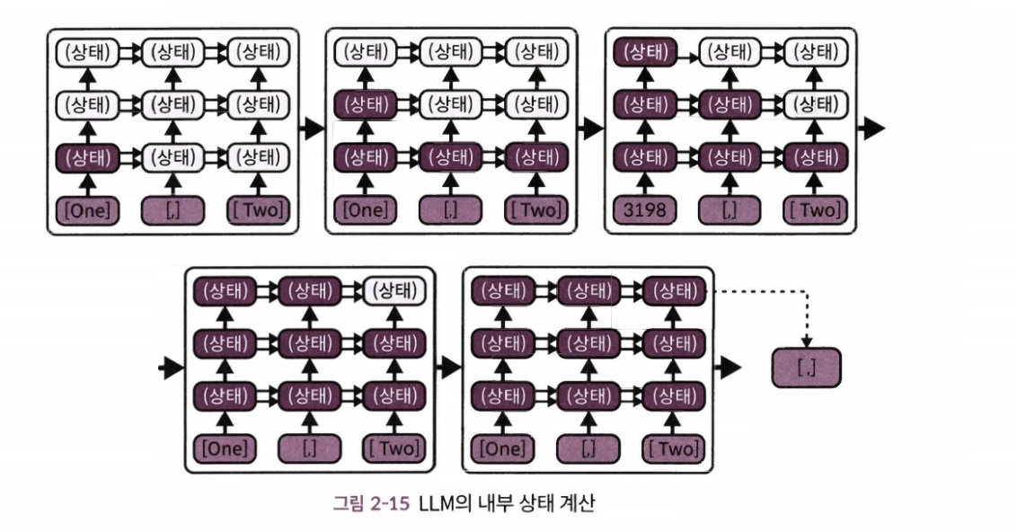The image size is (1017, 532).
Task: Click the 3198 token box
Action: point(644,211)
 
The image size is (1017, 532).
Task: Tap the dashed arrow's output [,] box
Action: point(806,368)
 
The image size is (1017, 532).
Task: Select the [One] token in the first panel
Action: point(87,211)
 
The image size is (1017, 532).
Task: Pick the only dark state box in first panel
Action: point(87,159)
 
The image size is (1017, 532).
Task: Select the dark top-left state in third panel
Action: point(644,51)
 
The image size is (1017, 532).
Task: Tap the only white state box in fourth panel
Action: point(395,290)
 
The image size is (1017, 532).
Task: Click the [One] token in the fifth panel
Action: point(503,447)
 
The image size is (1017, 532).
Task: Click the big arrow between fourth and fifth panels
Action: point(446,368)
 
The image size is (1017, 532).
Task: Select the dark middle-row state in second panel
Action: point(365,105)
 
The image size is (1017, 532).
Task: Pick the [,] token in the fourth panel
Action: point(309,447)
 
